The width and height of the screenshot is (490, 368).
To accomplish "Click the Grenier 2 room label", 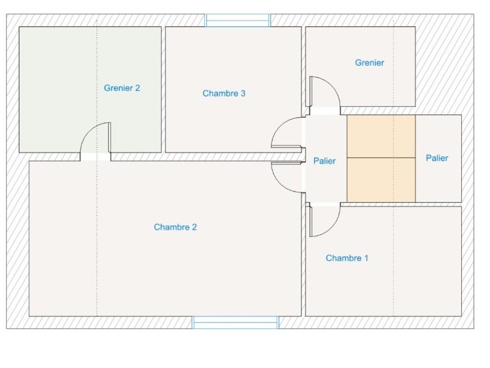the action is click(122, 88).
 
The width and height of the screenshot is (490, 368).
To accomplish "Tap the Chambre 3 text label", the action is click(224, 93).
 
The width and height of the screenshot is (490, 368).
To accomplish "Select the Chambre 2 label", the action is click(175, 227).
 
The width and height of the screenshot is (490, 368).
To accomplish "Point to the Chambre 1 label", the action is click(347, 258).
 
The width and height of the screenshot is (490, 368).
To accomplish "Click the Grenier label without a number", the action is click(369, 63).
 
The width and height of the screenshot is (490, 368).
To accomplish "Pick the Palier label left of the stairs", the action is click(324, 161).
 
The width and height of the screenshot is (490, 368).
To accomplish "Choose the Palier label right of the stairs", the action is click(437, 158).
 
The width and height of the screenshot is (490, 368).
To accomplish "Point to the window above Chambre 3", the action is click(237, 21).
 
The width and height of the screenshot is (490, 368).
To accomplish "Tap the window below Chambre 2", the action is click(236, 322).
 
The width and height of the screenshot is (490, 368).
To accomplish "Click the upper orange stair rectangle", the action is click(381, 136).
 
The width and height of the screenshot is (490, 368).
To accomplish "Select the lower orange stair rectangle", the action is click(381, 180).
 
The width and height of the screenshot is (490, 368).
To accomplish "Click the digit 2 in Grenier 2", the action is click(137, 88).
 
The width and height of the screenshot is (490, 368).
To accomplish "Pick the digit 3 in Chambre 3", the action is click(243, 93).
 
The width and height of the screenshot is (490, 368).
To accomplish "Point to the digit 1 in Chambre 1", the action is click(366, 258).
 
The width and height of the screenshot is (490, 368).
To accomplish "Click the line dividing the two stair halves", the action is click(381, 157).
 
